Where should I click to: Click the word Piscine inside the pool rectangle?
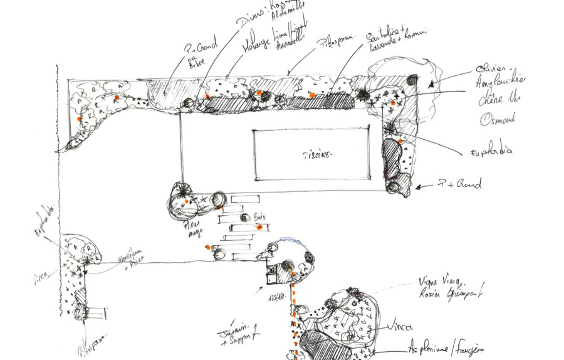[318, 154]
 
